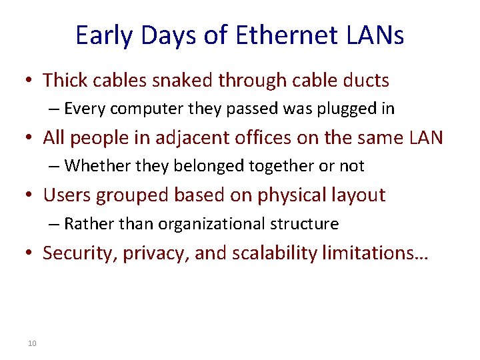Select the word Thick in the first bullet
[x=64, y=81]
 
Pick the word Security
[x=77, y=253]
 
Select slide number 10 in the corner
[x=32, y=343]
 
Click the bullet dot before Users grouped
[x=29, y=196]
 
